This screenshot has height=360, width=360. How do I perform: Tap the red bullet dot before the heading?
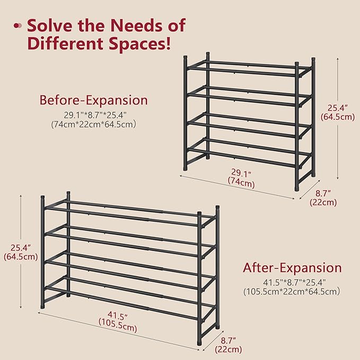(x=18, y=25)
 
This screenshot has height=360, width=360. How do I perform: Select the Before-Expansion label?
(x=94, y=100)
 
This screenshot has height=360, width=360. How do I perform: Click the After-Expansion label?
(x=292, y=268)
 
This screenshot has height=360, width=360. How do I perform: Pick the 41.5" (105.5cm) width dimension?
(x=117, y=323)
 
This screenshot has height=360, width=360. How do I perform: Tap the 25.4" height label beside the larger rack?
(x=21, y=252)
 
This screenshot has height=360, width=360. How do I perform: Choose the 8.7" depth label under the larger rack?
(x=229, y=344)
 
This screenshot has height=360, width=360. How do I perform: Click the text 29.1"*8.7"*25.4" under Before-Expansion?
(x=93, y=115)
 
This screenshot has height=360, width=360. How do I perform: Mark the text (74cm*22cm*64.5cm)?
(x=94, y=125)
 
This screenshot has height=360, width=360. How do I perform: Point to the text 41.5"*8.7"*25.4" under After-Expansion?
(x=292, y=282)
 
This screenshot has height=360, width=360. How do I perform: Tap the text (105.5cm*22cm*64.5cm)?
(x=292, y=291)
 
